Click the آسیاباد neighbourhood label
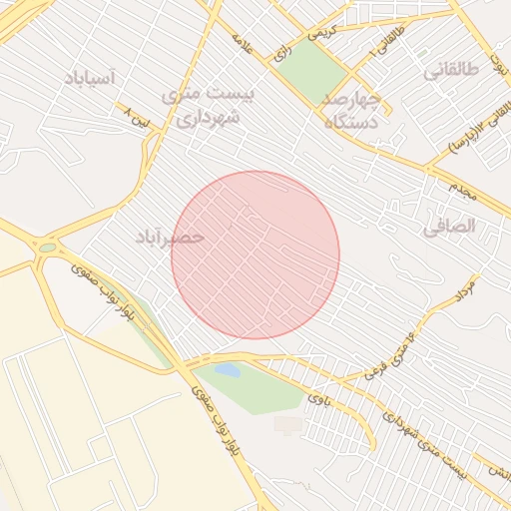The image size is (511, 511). (x=89, y=78)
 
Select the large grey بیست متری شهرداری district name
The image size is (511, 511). (x=210, y=104)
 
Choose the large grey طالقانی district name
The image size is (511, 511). (x=451, y=70)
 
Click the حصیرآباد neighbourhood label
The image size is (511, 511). (x=170, y=237)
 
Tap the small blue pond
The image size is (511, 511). (x=228, y=370)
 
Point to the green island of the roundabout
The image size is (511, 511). (x=47, y=248)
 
